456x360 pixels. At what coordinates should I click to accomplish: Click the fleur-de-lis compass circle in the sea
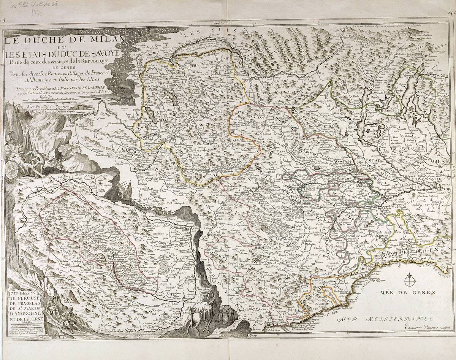[x=409, y=282]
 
